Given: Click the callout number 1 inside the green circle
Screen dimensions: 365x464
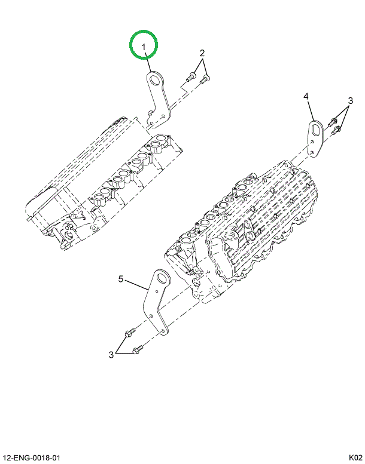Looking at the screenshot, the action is tap(144, 47).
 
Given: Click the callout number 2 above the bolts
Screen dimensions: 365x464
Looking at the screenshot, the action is tap(202, 53).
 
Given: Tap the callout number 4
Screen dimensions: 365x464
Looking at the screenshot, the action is tap(306, 96).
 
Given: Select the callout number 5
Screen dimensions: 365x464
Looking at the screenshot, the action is tap(121, 279).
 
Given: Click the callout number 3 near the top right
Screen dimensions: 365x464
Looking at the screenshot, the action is tap(351, 100).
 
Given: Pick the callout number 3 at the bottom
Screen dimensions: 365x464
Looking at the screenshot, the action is tap(111, 355).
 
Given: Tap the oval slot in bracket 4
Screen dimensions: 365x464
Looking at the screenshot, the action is tap(315, 128).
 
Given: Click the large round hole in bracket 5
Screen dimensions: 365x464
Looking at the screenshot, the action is tap(162, 278).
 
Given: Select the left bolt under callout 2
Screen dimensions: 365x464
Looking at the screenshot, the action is tap(190, 77).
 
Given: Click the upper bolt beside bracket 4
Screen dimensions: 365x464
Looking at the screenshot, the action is tap(332, 122).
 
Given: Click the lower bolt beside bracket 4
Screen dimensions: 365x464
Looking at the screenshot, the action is tap(335, 131).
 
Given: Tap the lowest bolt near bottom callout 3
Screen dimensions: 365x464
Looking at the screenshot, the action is tap(137, 349).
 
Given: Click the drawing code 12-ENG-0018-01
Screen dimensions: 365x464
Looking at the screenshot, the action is tap(31, 458).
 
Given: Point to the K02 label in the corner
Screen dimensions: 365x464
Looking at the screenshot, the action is tap(355, 458).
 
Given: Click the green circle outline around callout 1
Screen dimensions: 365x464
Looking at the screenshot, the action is tap(143, 31).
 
